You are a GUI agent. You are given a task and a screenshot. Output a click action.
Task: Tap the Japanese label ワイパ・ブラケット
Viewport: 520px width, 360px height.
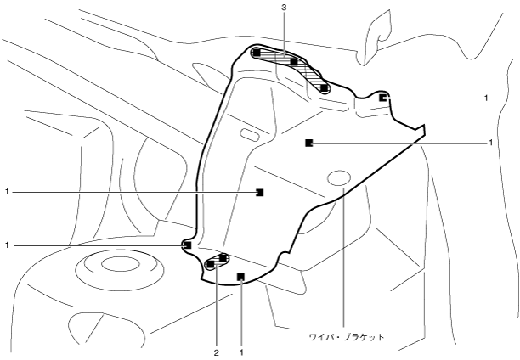(347, 337)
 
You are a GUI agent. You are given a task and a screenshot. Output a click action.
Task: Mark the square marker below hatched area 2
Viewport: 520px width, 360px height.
(241, 276)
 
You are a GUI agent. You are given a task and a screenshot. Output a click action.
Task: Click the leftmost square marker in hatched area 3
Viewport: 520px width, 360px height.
(257, 53)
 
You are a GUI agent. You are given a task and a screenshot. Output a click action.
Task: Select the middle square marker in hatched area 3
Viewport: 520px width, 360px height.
(293, 62)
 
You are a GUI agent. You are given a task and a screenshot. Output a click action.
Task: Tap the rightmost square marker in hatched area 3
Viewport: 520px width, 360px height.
(324, 87)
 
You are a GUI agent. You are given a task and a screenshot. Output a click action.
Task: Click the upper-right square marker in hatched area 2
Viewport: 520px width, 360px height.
(223, 256)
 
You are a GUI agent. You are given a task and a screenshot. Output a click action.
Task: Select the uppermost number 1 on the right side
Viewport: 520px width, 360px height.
(486, 98)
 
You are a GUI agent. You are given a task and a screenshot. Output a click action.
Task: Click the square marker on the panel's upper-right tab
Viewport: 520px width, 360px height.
(383, 98)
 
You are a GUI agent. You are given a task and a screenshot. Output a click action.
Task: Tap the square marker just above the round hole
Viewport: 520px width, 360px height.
(308, 143)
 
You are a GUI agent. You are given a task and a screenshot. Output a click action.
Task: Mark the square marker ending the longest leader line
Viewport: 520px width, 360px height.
(260, 193)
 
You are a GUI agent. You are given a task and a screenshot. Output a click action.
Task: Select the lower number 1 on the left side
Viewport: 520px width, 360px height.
(6, 245)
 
